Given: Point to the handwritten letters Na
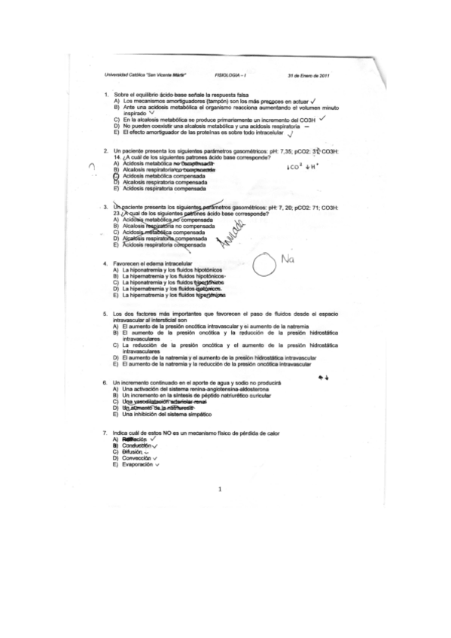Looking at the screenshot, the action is (x=286, y=260).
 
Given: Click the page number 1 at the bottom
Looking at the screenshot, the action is (x=220, y=490).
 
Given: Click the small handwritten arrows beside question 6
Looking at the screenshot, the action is (x=324, y=378).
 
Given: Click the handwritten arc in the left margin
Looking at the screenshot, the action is (x=91, y=169).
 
